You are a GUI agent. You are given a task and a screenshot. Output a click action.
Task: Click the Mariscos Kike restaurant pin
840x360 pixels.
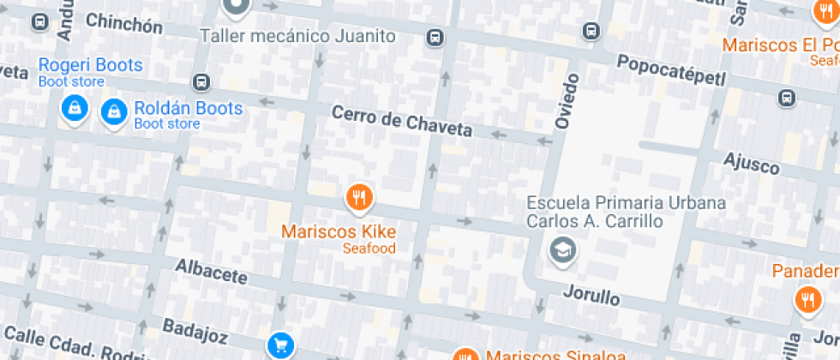359,198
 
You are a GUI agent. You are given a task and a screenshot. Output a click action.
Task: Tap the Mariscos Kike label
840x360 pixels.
339,231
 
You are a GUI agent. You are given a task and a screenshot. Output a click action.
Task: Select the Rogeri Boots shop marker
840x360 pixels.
75,108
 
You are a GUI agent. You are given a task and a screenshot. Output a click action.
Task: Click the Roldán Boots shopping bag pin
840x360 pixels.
113,111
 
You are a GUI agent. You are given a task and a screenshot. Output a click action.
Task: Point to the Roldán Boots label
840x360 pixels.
188,109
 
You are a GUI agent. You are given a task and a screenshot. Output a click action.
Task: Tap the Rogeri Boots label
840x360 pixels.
90,65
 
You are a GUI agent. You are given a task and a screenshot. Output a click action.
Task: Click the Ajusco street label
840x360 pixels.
752,162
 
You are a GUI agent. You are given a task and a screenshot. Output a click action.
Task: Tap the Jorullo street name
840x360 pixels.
591,296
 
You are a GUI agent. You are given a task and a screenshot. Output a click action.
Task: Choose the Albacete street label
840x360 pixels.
211,272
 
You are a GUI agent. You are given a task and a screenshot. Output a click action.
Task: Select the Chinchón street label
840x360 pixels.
124,23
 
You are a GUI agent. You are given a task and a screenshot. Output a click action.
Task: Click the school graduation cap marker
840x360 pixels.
563,250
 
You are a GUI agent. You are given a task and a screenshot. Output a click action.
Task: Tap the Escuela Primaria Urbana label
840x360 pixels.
626,204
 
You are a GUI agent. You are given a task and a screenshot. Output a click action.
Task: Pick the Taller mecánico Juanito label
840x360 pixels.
297,36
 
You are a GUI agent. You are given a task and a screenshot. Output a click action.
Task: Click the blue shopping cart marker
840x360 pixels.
280,345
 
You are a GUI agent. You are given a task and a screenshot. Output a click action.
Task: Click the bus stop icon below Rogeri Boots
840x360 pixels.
201,82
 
